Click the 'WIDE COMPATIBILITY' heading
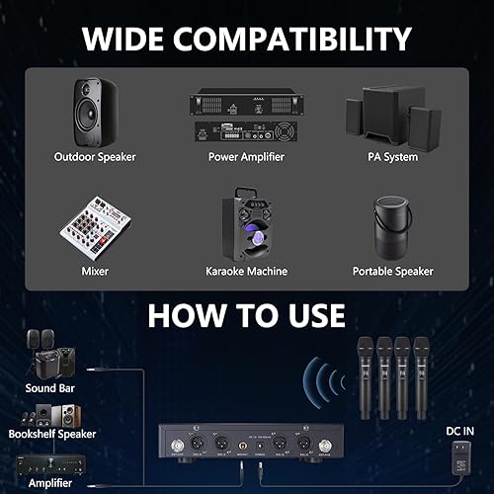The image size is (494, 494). (x=246, y=39)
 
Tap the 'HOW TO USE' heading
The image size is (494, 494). (x=246, y=315)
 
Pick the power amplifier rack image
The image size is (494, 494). (x=246, y=117)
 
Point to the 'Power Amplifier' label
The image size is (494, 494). (x=246, y=156)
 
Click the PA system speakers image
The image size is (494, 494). (x=391, y=113)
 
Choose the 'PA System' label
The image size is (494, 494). (x=391, y=156)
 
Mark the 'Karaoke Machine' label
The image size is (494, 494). (x=246, y=271)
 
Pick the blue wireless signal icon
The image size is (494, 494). (x=321, y=380)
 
